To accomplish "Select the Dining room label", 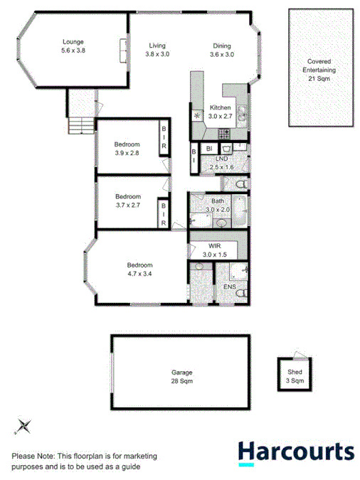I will coord(221,49).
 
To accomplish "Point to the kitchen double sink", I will coord(241,113).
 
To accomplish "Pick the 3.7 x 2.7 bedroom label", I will coord(128,201).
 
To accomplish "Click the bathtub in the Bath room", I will coord(240,210).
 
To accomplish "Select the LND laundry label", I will coord(221,163).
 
